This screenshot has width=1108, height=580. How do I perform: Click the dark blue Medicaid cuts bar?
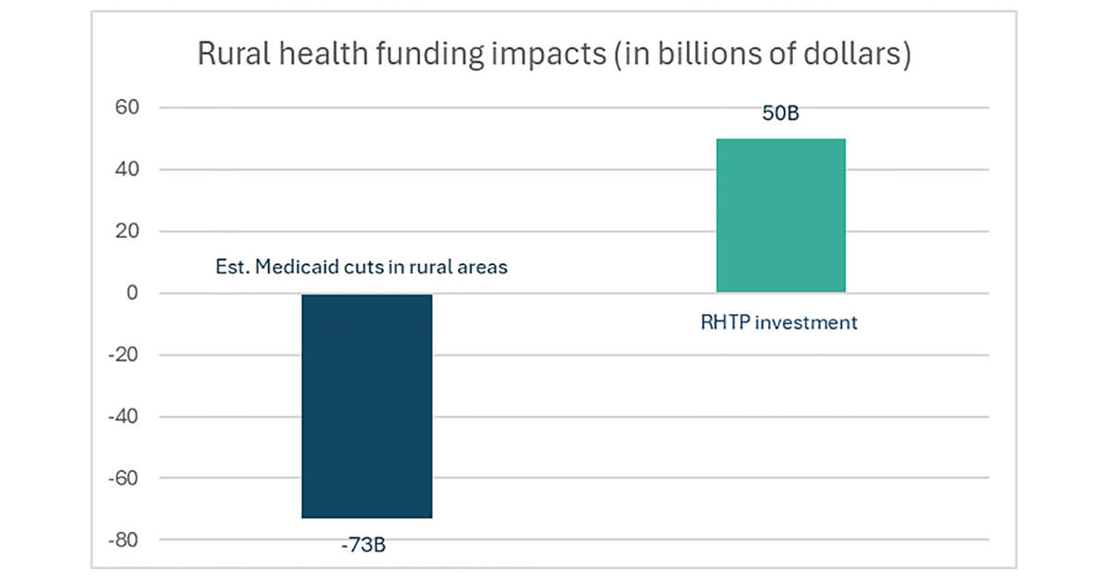click(367, 405)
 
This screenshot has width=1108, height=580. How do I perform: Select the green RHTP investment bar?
click(780, 215)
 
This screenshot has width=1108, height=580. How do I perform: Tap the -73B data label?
click(363, 544)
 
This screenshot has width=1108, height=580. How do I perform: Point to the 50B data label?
click(781, 115)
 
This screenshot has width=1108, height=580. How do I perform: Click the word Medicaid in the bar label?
click(292, 268)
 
